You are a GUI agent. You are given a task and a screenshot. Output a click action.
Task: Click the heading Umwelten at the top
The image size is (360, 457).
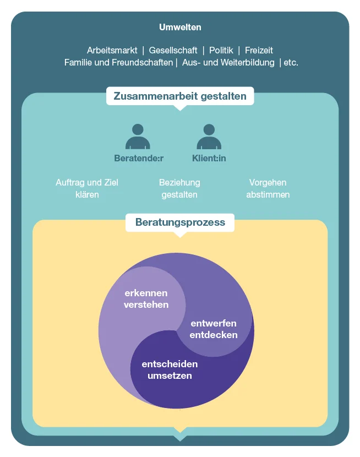coord(180,27)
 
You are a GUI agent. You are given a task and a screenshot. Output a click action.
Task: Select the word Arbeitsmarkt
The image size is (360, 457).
coord(112,51)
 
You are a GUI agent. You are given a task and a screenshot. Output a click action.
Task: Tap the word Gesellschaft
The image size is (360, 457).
coord(173,51)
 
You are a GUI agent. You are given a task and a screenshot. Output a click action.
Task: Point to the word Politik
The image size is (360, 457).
coord(221,51)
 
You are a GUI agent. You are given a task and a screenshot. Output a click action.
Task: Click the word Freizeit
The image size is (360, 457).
coord(259,51)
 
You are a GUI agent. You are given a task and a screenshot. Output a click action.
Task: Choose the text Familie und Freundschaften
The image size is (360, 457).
coord(118,63)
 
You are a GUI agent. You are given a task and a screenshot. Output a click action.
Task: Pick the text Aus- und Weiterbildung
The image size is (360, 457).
coord(228,63)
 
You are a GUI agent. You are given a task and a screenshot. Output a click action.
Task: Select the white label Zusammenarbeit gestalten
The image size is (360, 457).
coord(180,96)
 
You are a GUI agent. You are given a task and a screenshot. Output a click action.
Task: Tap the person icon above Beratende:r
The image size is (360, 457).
coord(138,137)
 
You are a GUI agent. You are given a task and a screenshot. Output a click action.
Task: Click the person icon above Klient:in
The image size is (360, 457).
coord(209,137)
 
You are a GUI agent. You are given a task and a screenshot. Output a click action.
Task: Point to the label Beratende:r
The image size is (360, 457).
coord(139,159)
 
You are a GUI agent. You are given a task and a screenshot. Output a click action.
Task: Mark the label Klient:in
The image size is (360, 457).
coord(209,159)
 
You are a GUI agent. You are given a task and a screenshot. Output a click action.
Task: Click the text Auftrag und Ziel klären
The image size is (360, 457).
coord(87,188)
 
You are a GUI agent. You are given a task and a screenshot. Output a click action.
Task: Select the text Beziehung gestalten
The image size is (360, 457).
coord(179,188)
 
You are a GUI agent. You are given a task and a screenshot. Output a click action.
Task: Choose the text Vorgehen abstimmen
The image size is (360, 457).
coord(268,188)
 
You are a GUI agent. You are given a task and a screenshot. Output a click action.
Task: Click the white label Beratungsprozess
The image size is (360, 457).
coord(180,222)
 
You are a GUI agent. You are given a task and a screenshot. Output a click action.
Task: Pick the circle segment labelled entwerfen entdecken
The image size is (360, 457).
coord(220,319)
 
